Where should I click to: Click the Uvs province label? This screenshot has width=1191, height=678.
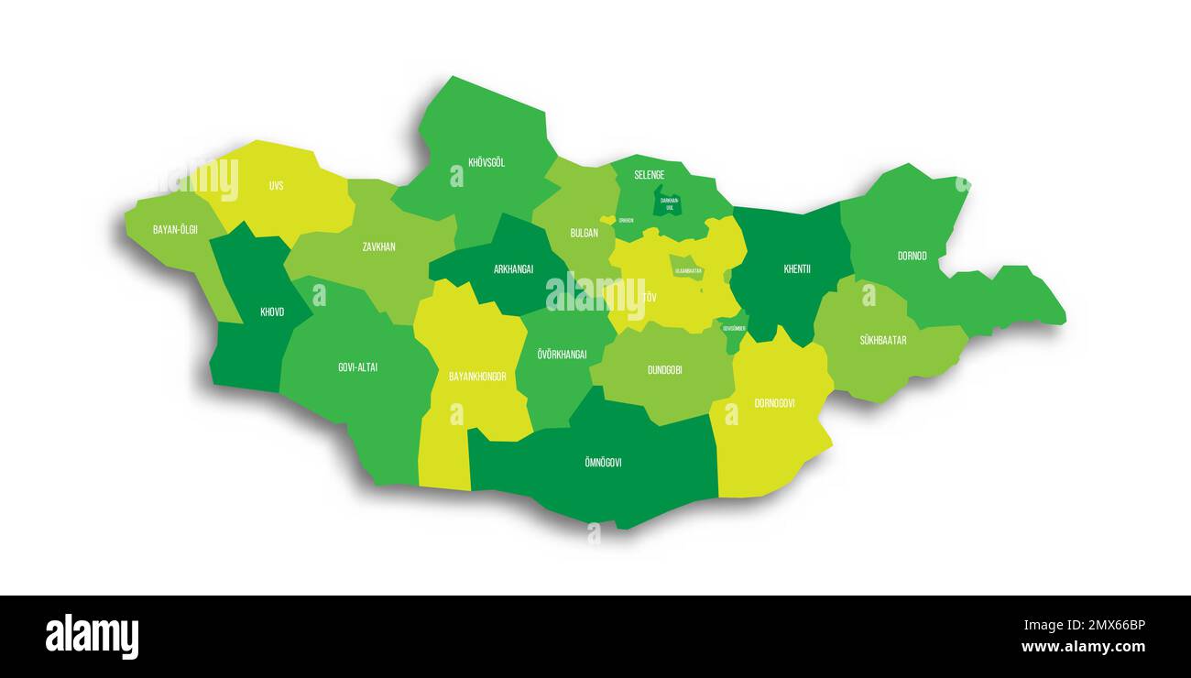tap(276, 186)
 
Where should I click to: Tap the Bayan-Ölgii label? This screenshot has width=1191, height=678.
tap(175, 229)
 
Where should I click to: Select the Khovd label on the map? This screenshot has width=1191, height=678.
tap(272, 312)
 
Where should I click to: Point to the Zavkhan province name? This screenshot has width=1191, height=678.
tap(378, 246)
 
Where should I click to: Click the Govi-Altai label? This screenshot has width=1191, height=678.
tap(357, 367)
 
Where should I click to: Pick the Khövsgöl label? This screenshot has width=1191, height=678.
tap(486, 163)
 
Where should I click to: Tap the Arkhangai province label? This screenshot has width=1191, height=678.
tap(513, 269)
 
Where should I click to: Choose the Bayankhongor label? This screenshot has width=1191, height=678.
tap(477, 377)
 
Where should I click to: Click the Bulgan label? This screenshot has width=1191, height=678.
tap(584, 233)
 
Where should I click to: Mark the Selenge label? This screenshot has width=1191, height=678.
tap(650, 175)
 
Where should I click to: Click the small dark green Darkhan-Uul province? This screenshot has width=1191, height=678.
tap(667, 201)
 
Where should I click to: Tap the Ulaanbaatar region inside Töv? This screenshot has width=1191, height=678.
tap(687, 268)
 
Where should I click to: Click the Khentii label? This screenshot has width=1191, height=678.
tap(797, 269)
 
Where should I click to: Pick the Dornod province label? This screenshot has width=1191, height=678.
tap(912, 256)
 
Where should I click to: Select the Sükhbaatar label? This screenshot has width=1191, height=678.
tap(882, 340)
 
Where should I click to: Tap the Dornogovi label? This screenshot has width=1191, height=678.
tap(774, 403)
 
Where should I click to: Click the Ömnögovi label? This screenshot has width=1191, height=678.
tap(602, 463)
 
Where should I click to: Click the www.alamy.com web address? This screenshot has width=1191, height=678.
tap(1083, 647)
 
